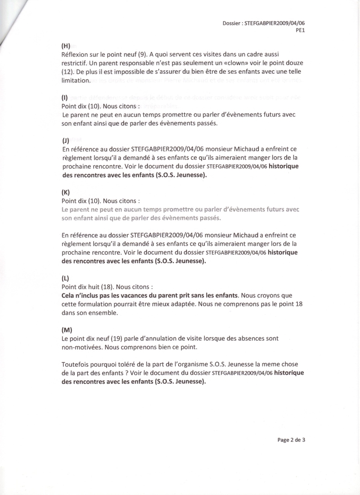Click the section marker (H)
66,45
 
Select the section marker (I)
65,98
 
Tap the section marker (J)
66,140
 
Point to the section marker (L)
66,278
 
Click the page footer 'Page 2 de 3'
291,440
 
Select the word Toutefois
76,364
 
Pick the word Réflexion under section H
75,54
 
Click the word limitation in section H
76,80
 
